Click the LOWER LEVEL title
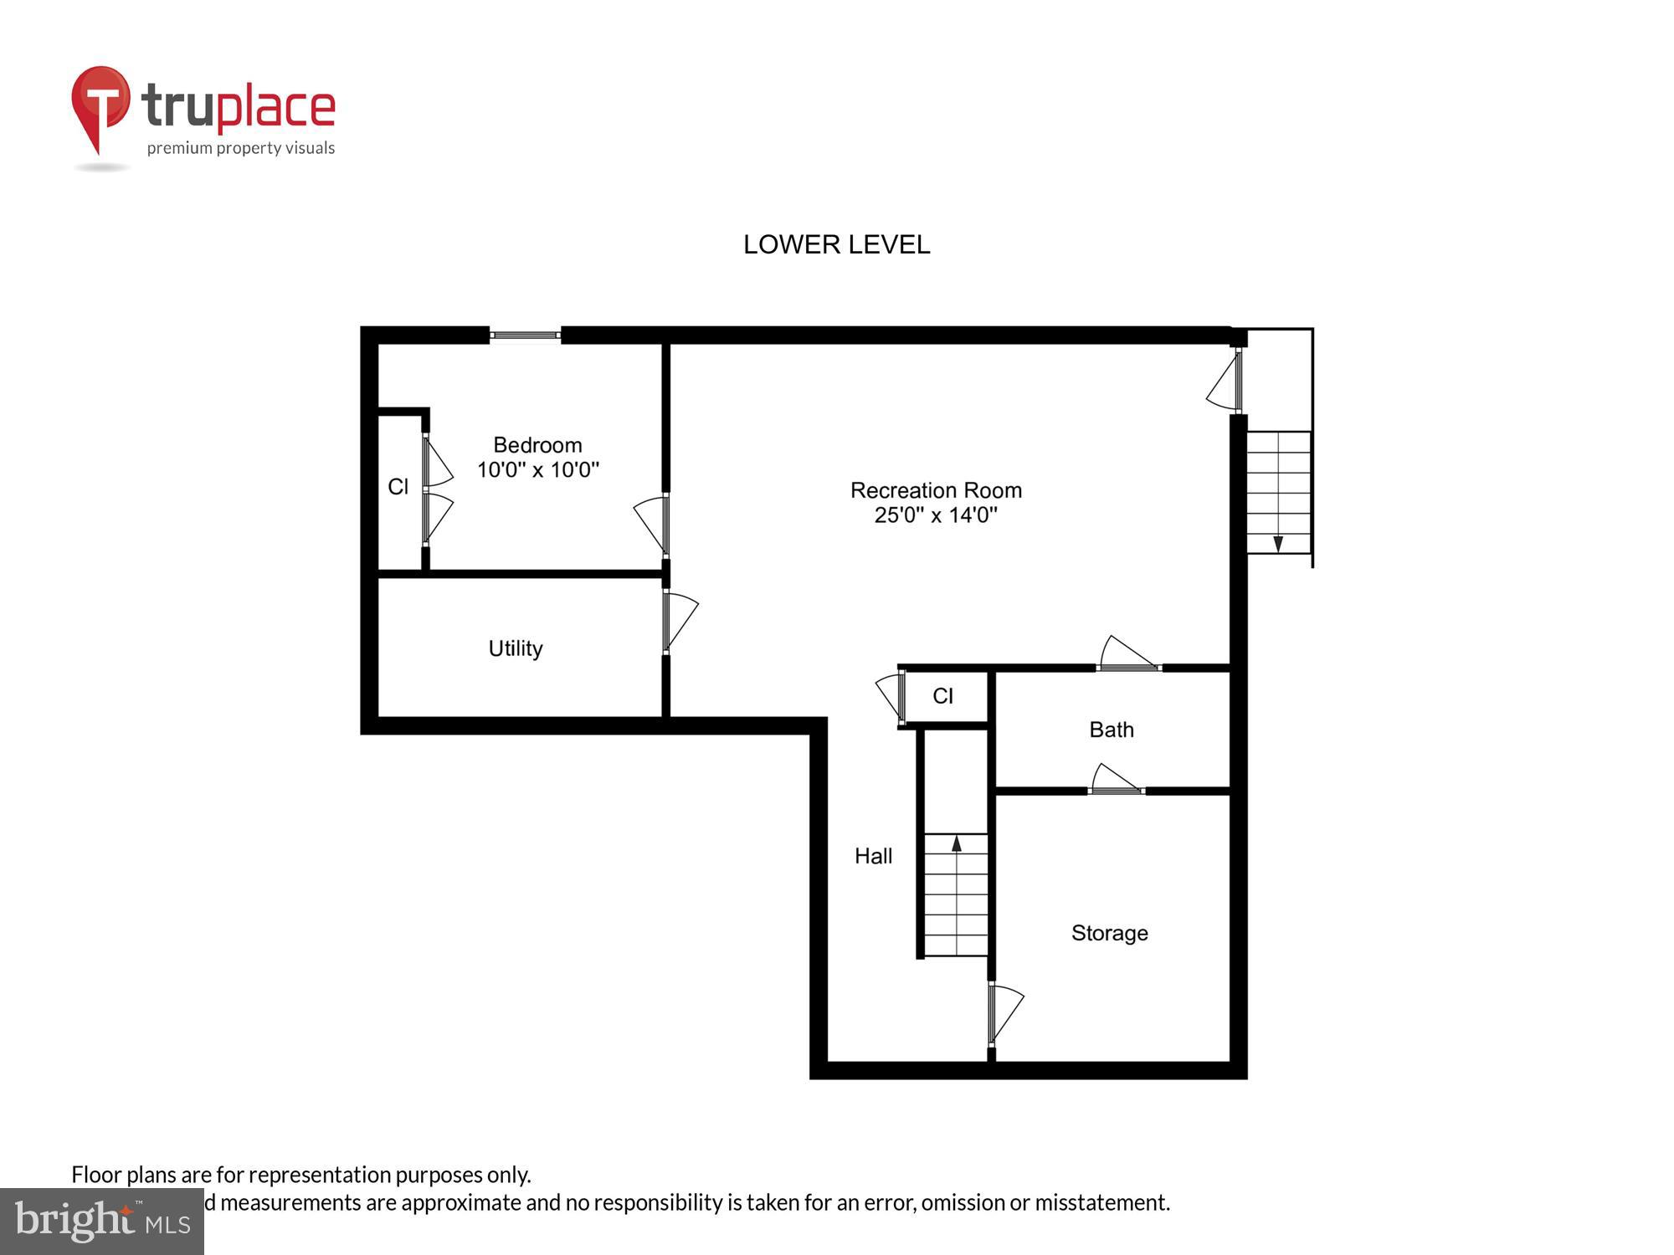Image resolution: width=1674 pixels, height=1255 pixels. [x=836, y=244]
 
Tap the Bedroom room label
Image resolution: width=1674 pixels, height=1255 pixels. [x=537, y=445]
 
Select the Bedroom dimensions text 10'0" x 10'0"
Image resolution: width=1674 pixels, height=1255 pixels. [x=538, y=469]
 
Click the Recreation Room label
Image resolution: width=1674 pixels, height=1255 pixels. [x=936, y=490]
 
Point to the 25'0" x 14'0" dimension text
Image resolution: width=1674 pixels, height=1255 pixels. [x=936, y=515]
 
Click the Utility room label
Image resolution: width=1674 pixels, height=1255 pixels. [x=516, y=648]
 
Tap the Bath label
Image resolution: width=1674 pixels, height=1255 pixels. [x=1112, y=730]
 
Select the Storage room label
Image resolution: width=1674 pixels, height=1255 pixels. [x=1109, y=933]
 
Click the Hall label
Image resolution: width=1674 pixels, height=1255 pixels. [x=873, y=856]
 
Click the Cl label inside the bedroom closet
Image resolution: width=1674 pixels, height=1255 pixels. [x=398, y=486]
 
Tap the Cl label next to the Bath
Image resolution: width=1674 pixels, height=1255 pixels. [x=942, y=696]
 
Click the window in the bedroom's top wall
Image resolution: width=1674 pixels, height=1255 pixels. [x=525, y=336]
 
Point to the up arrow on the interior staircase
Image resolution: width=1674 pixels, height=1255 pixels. [x=957, y=843]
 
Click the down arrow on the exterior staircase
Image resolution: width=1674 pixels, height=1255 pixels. [x=1278, y=544]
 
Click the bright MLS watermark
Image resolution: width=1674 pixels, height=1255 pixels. [x=102, y=1222]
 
